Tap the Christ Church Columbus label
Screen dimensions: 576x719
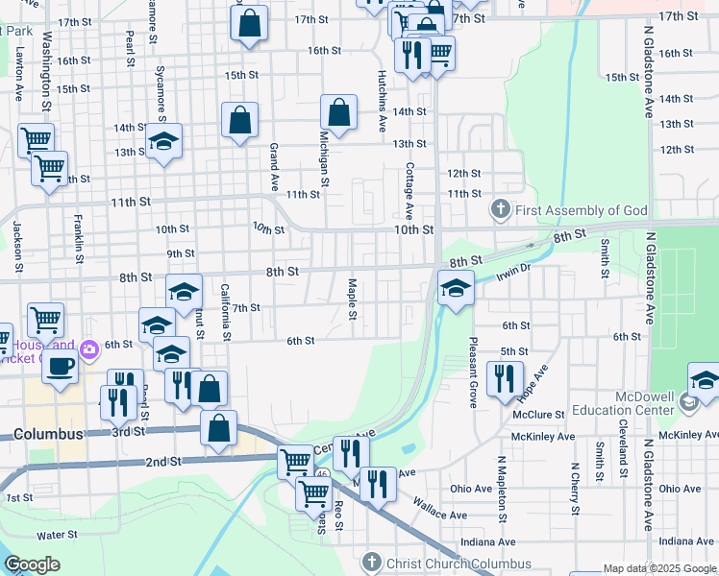pos(459,563)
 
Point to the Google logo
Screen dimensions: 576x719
pos(33,565)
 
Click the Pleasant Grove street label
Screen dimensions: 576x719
pos(473,372)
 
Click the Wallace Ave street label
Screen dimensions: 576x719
pos(440,508)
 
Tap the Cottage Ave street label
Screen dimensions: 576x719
pos(409,189)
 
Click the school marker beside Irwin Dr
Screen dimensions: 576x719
pos(456,287)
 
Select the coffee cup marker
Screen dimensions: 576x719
pos(61,366)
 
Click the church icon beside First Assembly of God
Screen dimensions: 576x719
pos(500,209)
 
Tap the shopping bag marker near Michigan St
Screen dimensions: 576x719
pos(338,112)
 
